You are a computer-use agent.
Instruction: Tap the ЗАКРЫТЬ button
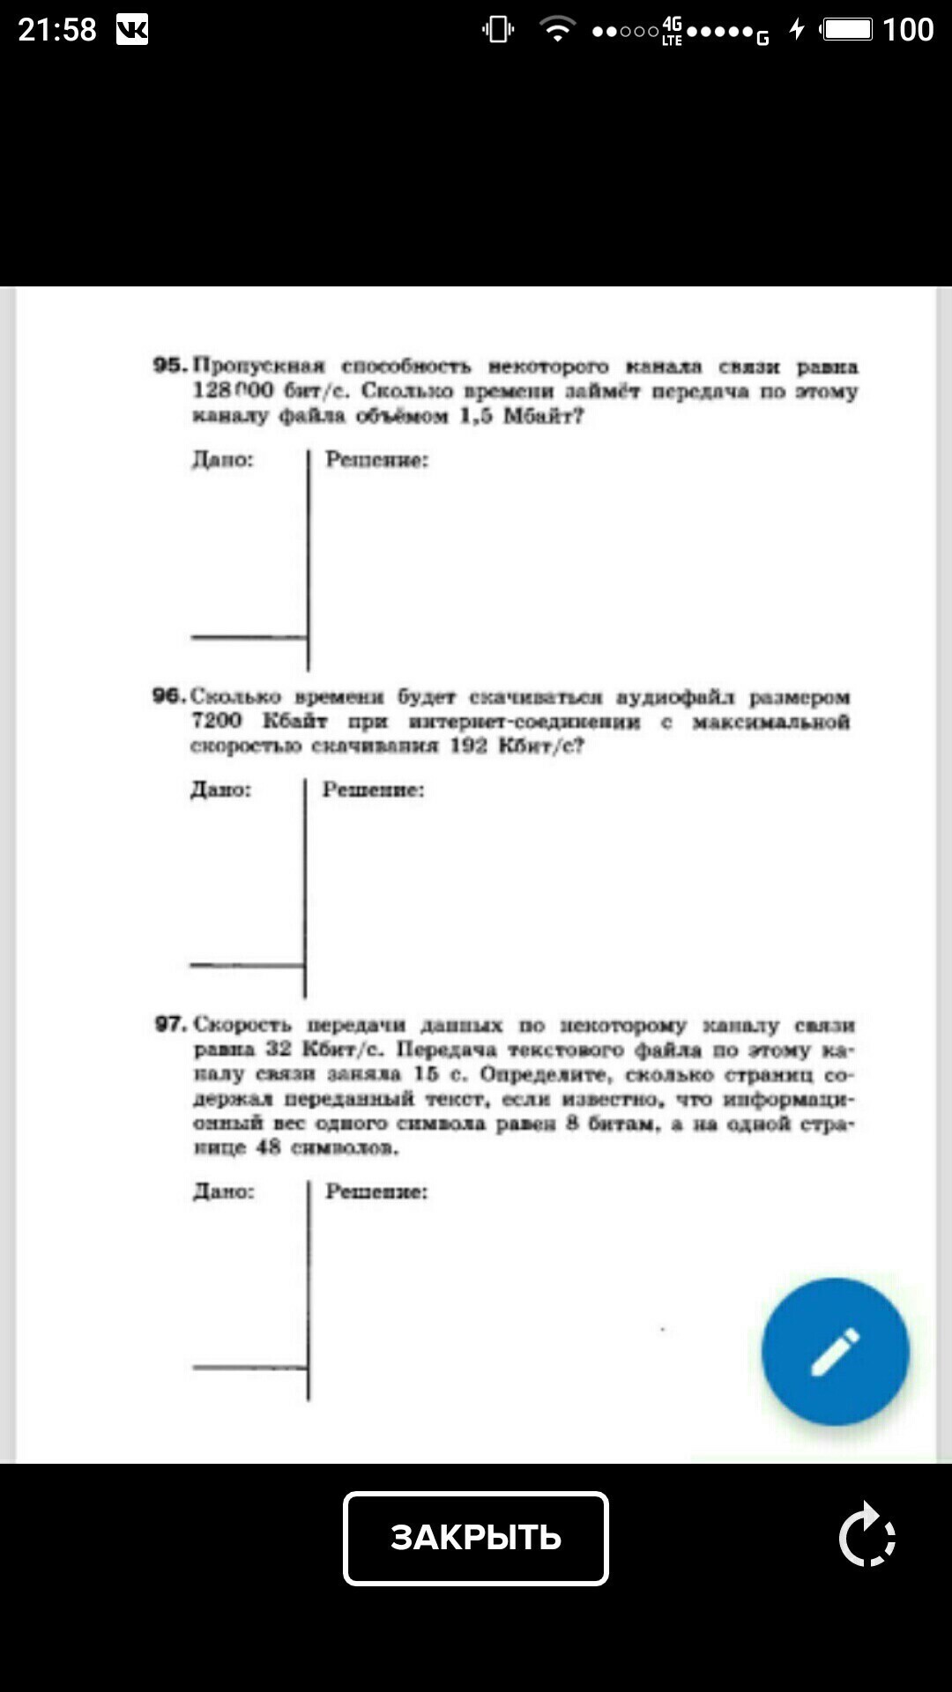point(476,1538)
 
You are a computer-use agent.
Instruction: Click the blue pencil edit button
point(835,1351)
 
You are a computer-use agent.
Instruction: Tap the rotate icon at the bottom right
point(867,1535)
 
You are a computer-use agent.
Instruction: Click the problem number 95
point(169,365)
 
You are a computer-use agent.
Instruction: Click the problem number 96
point(168,696)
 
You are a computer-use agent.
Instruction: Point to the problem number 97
point(170,1024)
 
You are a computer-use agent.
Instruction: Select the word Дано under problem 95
point(223,459)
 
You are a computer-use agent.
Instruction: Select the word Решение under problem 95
point(376,459)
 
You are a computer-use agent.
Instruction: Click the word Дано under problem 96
point(221,790)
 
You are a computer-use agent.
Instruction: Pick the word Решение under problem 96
point(373,790)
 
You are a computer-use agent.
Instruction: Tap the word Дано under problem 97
point(224,1191)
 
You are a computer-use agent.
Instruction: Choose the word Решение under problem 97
point(376,1191)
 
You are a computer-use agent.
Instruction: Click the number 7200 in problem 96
point(217,721)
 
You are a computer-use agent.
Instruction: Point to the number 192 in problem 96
point(469,746)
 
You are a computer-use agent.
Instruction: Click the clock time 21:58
point(57,30)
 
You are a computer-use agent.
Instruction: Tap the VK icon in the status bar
point(132,31)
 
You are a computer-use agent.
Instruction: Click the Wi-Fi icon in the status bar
point(556,30)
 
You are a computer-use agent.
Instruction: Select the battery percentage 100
point(908,30)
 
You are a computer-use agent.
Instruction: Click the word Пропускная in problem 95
point(259,365)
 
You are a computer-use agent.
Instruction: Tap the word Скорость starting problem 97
point(242,1024)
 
